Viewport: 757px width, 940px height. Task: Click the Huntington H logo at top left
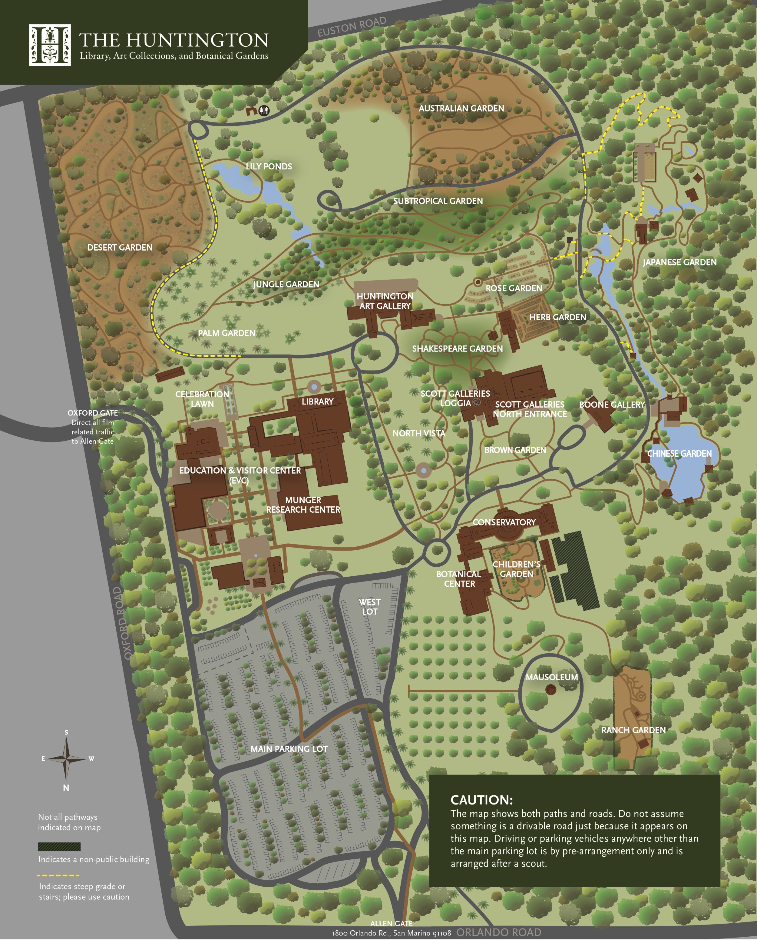50,45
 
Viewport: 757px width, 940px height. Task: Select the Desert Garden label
120,248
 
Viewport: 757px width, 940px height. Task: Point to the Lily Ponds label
269,166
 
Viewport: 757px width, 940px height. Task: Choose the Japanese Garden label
679,262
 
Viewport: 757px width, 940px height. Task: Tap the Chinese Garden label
679,453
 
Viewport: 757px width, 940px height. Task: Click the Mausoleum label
552,677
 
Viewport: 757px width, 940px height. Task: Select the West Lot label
369,607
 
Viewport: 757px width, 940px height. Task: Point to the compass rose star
66,759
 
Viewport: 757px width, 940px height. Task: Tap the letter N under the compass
66,788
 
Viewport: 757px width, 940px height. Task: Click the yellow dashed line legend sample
58,875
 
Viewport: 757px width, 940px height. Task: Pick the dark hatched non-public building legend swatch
59,847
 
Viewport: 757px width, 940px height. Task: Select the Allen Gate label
391,923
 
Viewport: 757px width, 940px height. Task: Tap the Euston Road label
352,27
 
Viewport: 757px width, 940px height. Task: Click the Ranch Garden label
633,730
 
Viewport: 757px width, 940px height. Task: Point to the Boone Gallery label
611,405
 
